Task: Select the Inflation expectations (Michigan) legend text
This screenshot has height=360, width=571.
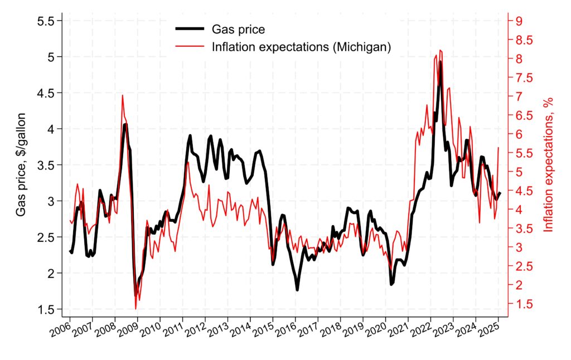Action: pyautogui.click(x=301, y=47)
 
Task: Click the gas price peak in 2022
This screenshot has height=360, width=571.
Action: pyautogui.click(x=440, y=62)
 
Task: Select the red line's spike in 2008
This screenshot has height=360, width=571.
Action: pyautogui.click(x=122, y=95)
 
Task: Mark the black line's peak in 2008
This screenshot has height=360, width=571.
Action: pyautogui.click(x=125, y=124)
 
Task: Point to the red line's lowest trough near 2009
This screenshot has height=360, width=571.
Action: pyautogui.click(x=136, y=308)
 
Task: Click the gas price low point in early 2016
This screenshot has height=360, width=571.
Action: pyautogui.click(x=297, y=289)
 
